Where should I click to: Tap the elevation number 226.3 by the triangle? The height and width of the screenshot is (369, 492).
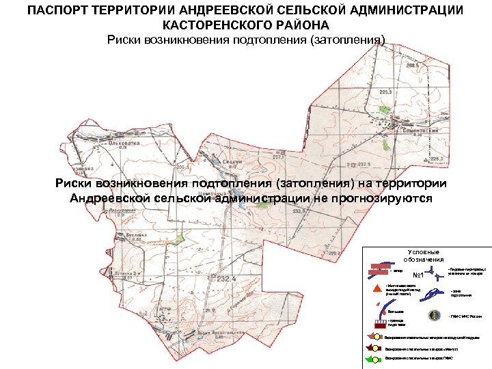click(437, 159)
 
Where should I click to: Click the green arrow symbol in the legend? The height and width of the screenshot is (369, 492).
click(375, 358)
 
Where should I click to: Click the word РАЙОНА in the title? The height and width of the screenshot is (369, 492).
click(303, 25)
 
